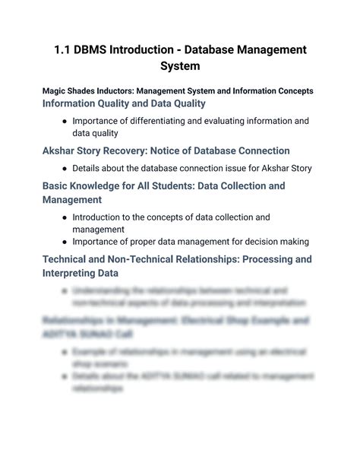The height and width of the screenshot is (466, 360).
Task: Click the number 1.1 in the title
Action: click(x=65, y=50)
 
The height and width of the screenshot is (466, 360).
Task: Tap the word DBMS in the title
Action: click(x=99, y=50)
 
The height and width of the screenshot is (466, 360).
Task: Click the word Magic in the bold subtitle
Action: click(x=55, y=91)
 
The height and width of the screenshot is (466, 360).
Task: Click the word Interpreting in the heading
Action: click(x=74, y=273)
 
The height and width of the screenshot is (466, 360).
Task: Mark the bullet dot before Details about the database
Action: click(x=65, y=168)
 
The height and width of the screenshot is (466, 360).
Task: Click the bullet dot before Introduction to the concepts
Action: click(x=65, y=217)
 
